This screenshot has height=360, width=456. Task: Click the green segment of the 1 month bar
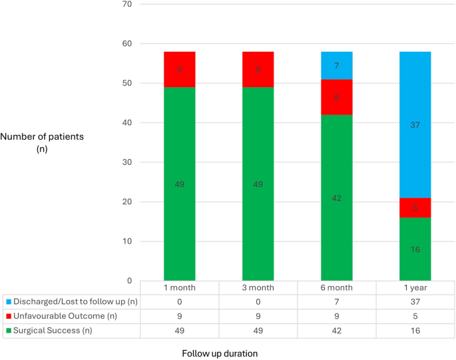[x=179, y=184]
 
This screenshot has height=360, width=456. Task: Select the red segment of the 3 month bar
[x=258, y=69]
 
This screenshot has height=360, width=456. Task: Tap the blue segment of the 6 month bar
[x=336, y=65]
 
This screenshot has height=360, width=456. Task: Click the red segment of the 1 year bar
[x=415, y=208]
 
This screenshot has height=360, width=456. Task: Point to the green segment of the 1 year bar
[x=415, y=249]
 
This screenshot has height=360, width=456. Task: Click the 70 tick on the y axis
[x=127, y=5]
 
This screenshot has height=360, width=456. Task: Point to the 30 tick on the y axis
[x=127, y=162]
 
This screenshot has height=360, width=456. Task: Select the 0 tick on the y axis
[x=130, y=281]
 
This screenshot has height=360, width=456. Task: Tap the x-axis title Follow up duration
[x=220, y=353]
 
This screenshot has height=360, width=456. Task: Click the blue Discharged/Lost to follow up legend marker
[x=8, y=301]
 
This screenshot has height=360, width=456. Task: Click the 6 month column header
[x=336, y=287]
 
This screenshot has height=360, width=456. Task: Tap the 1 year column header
[x=415, y=287]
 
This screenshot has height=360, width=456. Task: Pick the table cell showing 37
[x=415, y=301]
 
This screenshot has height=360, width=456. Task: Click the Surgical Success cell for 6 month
[x=336, y=329]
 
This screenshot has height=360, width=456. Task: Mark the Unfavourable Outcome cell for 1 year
[x=415, y=315]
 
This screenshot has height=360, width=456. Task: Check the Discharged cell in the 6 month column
[x=336, y=301]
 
